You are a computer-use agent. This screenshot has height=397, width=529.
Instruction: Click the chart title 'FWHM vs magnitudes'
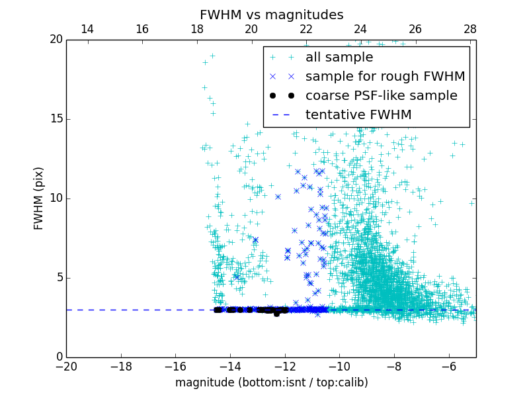[x=271, y=15]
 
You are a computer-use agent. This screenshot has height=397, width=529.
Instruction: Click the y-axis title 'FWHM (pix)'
[x=39, y=198]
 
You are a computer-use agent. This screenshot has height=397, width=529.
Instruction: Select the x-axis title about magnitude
[x=271, y=382]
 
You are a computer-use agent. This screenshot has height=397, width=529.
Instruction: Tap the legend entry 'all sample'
[x=339, y=57]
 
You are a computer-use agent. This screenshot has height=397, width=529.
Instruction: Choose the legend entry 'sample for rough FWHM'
[x=385, y=76]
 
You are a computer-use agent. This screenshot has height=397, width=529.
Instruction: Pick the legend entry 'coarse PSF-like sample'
[x=381, y=95]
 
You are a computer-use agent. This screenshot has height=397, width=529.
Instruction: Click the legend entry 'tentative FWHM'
[x=358, y=114]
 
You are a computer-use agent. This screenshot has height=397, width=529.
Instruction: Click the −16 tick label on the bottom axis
[x=175, y=366]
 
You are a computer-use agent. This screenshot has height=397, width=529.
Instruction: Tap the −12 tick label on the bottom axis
[x=284, y=366]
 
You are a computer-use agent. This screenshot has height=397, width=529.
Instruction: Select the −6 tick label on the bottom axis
[x=448, y=366]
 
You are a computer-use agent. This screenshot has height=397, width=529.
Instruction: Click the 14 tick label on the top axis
[x=87, y=29]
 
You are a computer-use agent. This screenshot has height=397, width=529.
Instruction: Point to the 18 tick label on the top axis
[x=196, y=29]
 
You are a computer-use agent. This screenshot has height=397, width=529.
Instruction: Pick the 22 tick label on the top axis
[x=305, y=29]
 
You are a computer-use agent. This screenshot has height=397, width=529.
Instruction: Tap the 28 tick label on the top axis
[x=470, y=29]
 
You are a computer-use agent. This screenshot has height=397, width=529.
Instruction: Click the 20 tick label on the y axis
[x=55, y=40]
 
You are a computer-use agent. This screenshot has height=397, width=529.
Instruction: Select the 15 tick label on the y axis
[x=55, y=119]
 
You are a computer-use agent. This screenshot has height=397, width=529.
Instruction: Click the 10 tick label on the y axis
[x=55, y=198]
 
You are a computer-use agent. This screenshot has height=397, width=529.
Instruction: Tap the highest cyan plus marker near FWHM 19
[x=212, y=56]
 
